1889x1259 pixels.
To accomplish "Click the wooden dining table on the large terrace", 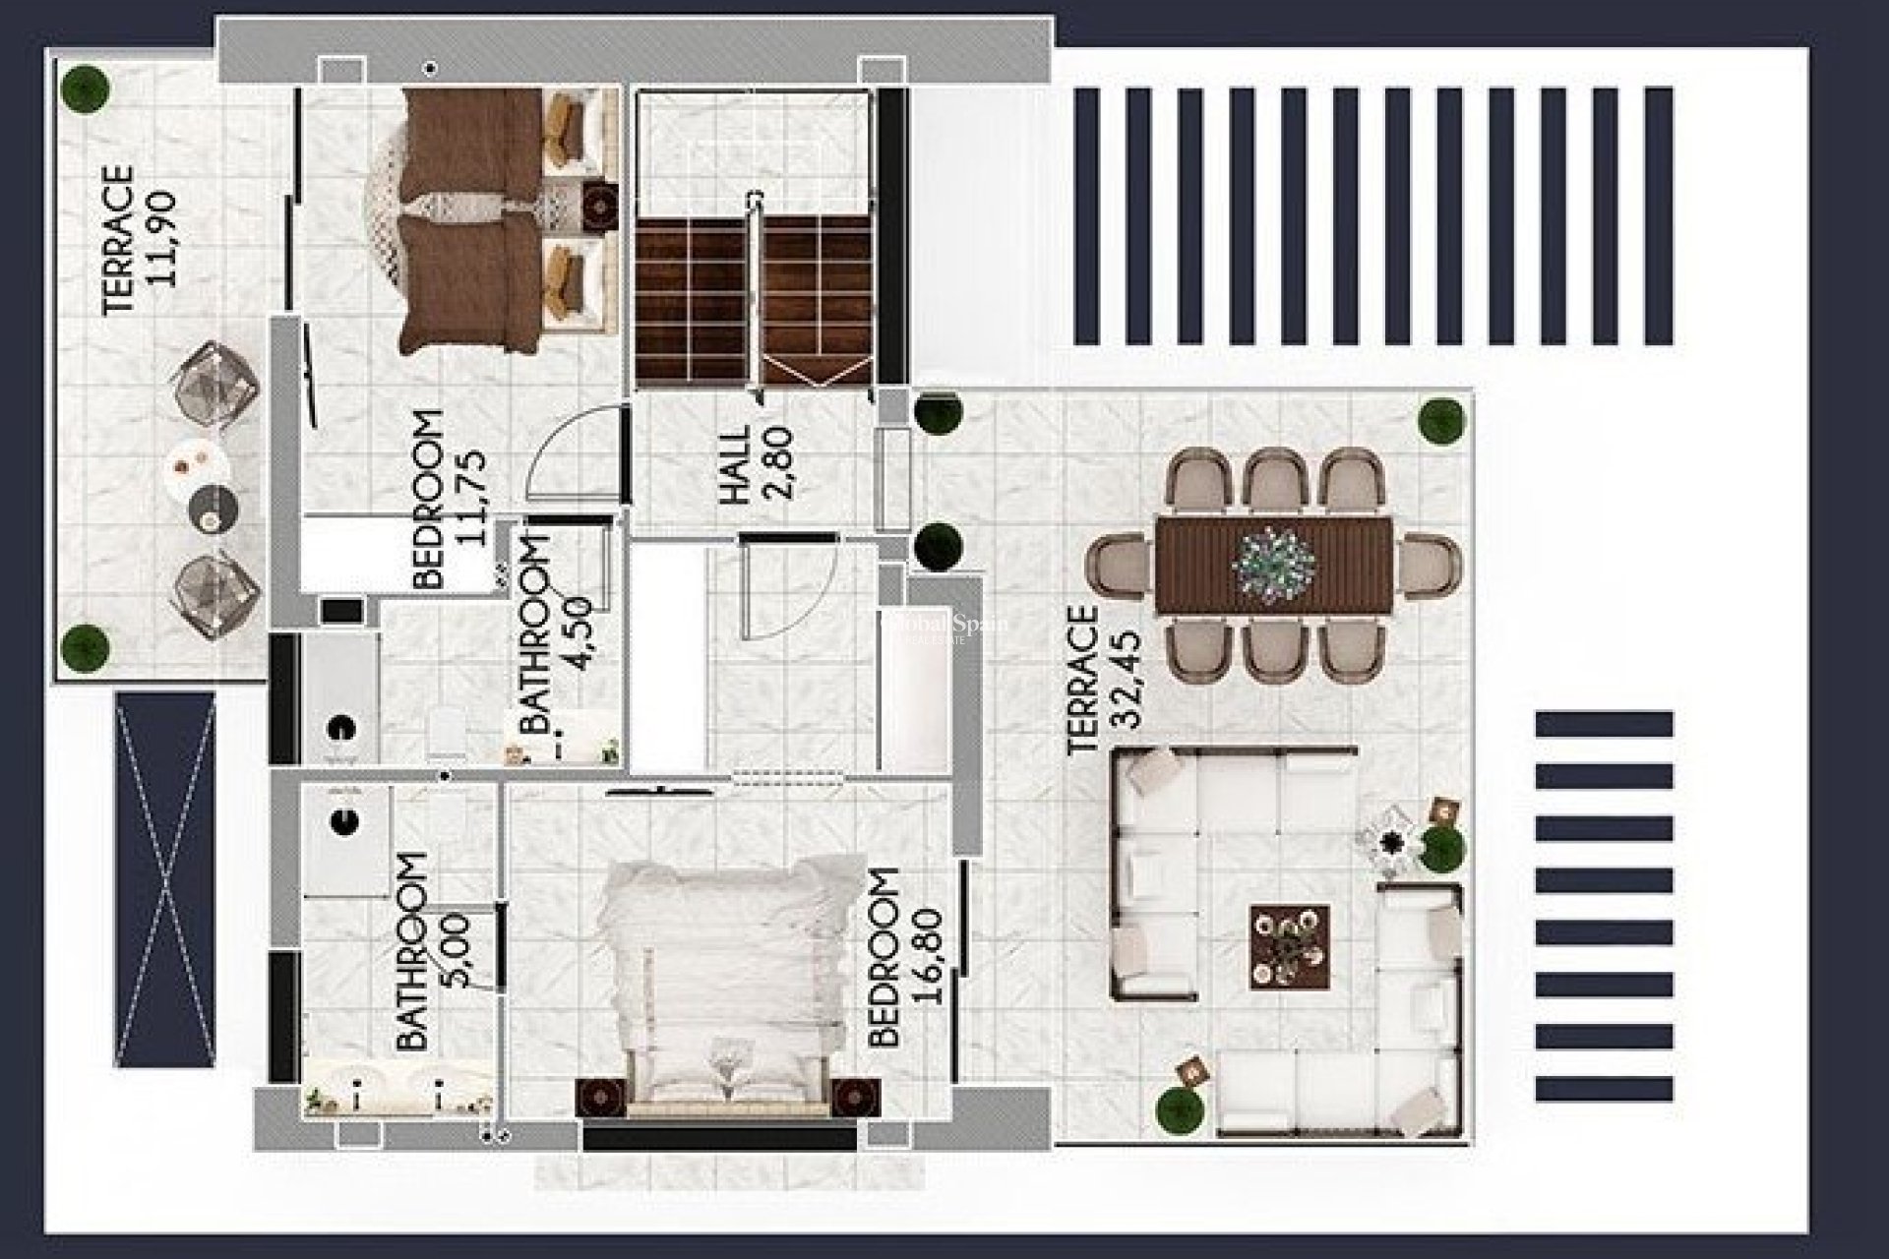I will click(1273, 566).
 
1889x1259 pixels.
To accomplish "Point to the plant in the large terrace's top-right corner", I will click(1442, 420).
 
